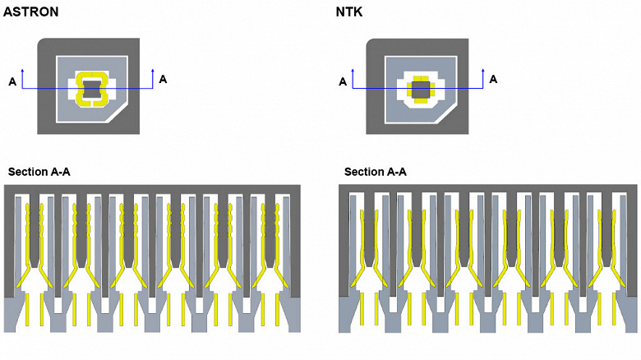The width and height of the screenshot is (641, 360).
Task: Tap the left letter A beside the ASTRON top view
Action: pos(12,81)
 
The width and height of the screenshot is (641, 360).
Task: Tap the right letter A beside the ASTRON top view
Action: pos(163,79)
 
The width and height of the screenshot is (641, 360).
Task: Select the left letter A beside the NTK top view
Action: pos(343,81)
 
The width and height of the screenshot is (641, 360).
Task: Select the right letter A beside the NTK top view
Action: pos(493,79)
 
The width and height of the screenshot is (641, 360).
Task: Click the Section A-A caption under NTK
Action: pos(375,172)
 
